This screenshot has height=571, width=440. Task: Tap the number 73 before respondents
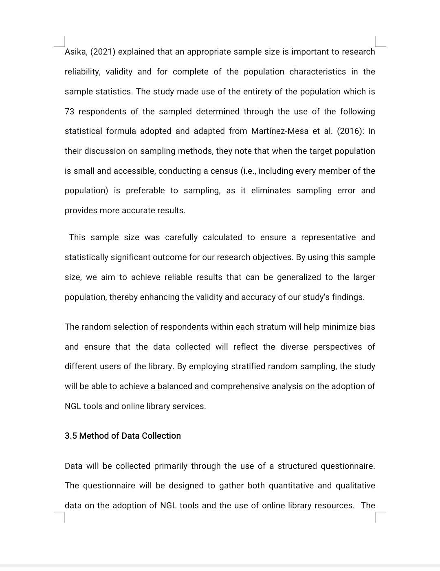(69, 112)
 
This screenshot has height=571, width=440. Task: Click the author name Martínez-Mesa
(279, 131)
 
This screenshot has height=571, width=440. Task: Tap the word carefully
(181, 238)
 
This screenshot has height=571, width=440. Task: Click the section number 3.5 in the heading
(70, 436)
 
